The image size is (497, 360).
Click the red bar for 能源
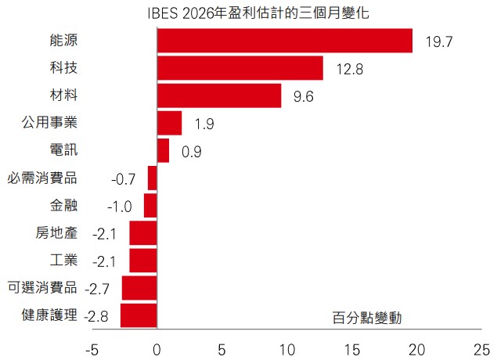point(285,41)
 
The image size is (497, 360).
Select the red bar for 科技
point(240,68)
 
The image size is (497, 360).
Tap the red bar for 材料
point(219,95)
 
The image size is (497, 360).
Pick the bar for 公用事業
point(169,123)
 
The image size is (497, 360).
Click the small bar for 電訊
point(163,150)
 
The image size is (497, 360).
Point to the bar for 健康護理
point(139,315)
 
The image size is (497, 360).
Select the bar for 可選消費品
point(139,288)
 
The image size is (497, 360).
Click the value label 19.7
point(440,41)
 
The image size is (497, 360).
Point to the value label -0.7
point(124,179)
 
